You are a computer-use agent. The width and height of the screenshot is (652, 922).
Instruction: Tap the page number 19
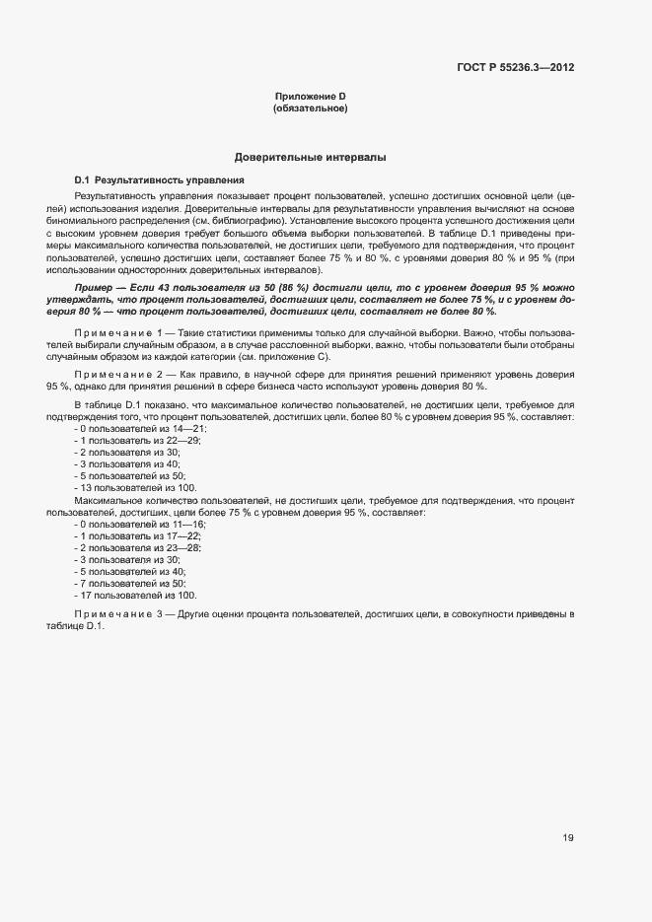point(568,838)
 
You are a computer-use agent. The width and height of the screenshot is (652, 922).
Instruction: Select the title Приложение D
point(310,96)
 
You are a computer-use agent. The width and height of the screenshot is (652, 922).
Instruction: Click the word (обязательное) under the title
point(310,107)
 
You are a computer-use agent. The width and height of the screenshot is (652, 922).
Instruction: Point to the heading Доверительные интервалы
point(310,157)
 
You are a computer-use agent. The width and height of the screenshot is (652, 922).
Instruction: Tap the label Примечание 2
point(123,377)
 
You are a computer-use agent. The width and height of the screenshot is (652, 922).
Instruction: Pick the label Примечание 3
point(123,613)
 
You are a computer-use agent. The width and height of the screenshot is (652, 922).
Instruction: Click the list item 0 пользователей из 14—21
point(141,429)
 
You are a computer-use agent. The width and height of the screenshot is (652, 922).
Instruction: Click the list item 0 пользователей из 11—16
point(140,525)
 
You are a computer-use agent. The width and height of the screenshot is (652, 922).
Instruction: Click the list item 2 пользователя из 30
point(128,452)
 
